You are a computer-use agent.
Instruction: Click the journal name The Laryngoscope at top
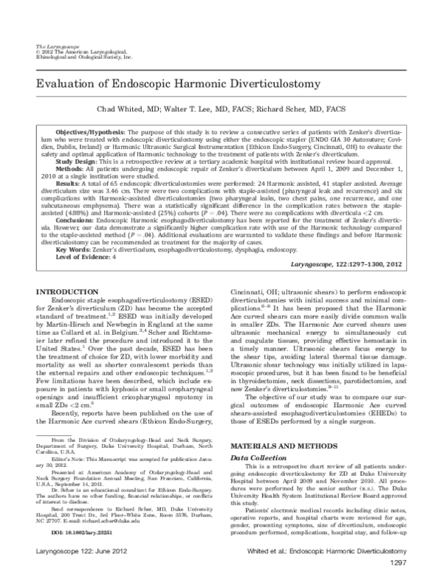[51, 46]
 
